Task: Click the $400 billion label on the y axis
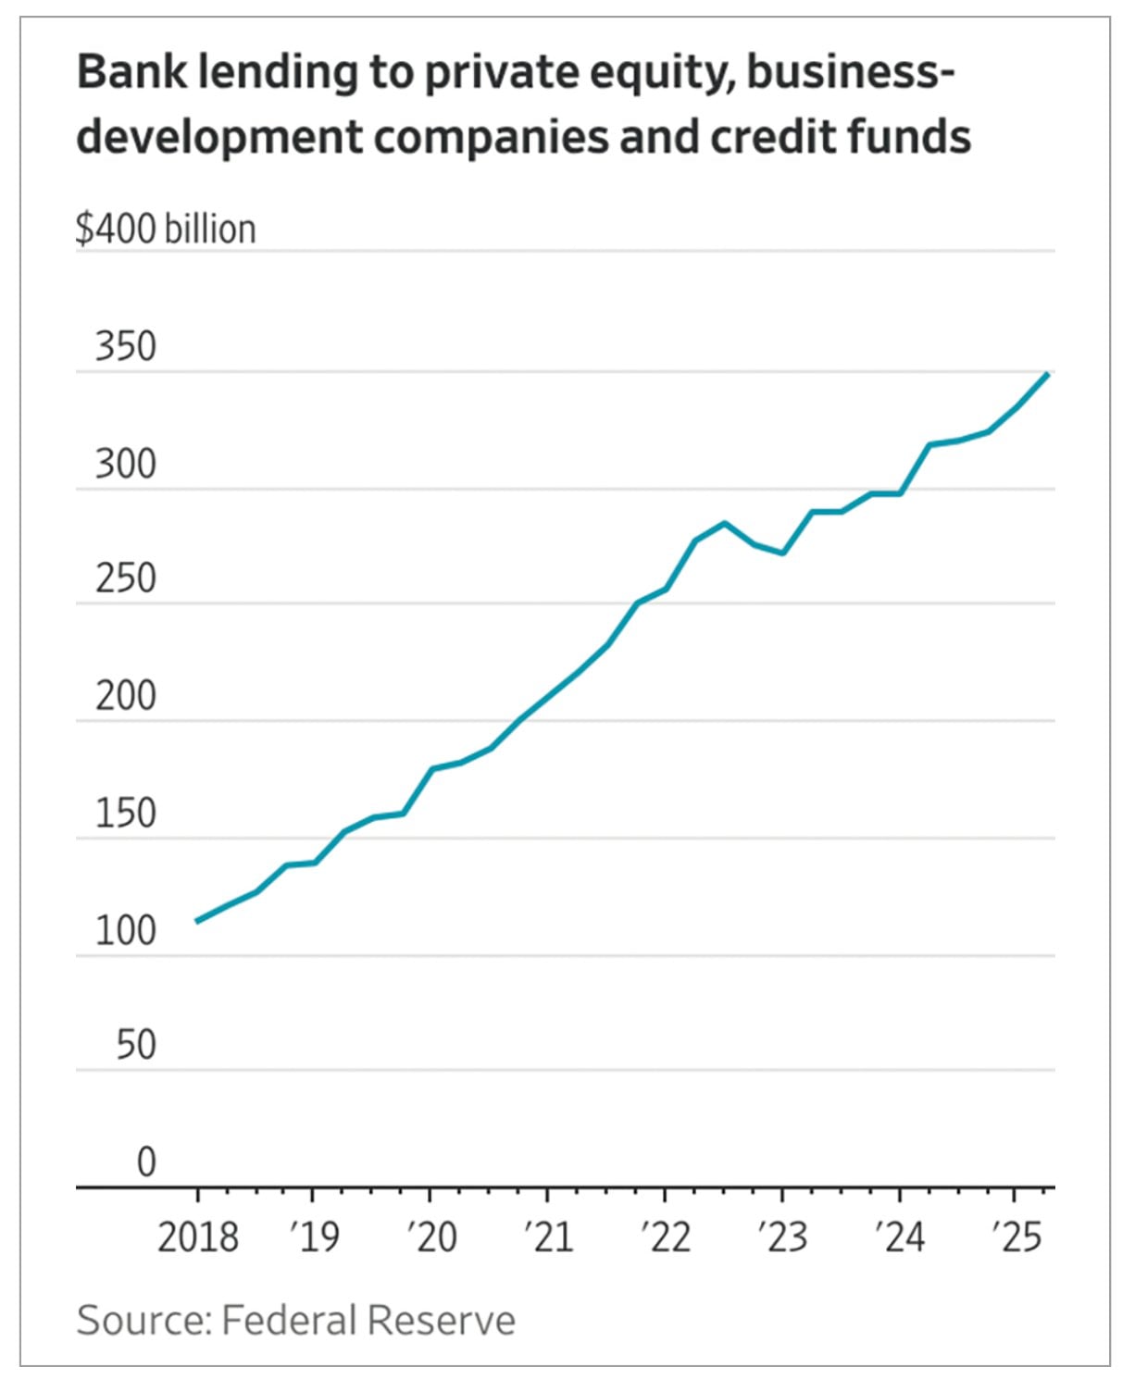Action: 166,230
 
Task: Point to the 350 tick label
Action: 126,347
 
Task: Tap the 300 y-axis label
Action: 126,464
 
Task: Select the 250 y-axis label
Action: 126,579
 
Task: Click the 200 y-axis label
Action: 126,696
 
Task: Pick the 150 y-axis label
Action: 126,814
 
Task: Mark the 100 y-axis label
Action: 126,930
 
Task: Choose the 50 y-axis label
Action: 136,1046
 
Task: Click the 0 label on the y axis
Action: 146,1162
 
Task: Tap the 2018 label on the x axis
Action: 197,1237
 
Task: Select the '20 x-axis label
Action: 431,1237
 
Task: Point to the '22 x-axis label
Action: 666,1237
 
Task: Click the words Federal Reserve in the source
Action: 368,1321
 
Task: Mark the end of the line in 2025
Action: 1046,374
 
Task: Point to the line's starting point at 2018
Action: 197,921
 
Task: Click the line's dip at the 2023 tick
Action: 783,553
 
